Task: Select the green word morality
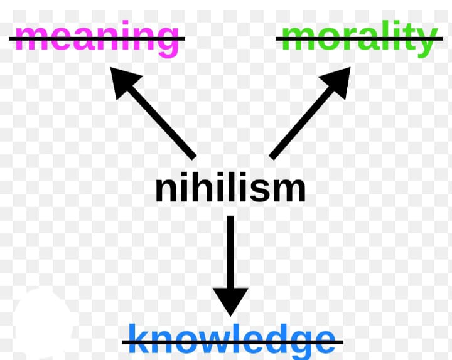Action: click(x=358, y=38)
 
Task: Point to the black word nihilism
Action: click(x=230, y=188)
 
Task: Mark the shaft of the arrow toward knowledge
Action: click(x=230, y=251)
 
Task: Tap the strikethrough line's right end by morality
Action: click(x=442, y=39)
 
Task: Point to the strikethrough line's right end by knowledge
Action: click(x=343, y=342)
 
